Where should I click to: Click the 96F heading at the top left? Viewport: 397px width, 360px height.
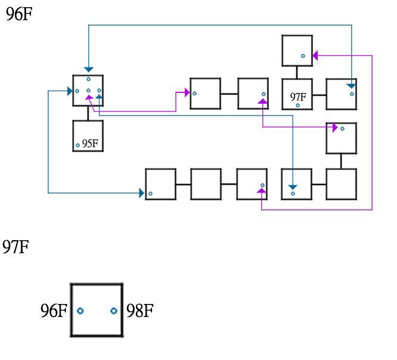pyautogui.click(x=18, y=14)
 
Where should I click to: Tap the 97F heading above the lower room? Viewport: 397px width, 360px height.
pyautogui.click(x=15, y=246)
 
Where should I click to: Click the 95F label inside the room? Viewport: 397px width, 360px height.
pyautogui.click(x=90, y=143)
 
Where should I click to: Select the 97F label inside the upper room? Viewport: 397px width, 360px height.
pyautogui.click(x=298, y=97)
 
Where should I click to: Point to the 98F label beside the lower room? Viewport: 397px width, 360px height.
pyautogui.click(x=140, y=311)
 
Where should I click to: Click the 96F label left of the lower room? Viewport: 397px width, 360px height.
pyautogui.click(x=54, y=311)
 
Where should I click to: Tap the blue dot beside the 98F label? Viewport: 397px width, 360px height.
pyautogui.click(x=113, y=311)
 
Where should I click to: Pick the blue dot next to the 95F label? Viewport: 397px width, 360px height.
pyautogui.click(x=77, y=145)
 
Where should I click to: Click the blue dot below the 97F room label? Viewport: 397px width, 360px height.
pyautogui.click(x=297, y=105)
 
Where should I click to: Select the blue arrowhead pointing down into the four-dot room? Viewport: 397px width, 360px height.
pyautogui.click(x=88, y=70)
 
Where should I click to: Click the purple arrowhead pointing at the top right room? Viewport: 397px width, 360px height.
pyautogui.click(x=315, y=55)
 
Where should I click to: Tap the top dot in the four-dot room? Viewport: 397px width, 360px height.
pyautogui.click(x=88, y=79)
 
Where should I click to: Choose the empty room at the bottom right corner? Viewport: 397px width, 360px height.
pyautogui.click(x=341, y=184)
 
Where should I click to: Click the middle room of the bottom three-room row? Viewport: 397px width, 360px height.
pyautogui.click(x=206, y=184)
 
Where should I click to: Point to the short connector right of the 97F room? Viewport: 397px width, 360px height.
pyautogui.click(x=319, y=94)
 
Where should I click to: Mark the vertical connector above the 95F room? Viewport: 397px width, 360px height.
pyautogui.click(x=88, y=113)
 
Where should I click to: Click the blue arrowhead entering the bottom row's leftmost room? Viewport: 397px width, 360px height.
pyautogui.click(x=142, y=193)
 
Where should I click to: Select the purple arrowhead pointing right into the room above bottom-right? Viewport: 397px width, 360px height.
pyautogui.click(x=335, y=127)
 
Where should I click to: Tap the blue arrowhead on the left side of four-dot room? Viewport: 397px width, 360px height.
pyautogui.click(x=69, y=91)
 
